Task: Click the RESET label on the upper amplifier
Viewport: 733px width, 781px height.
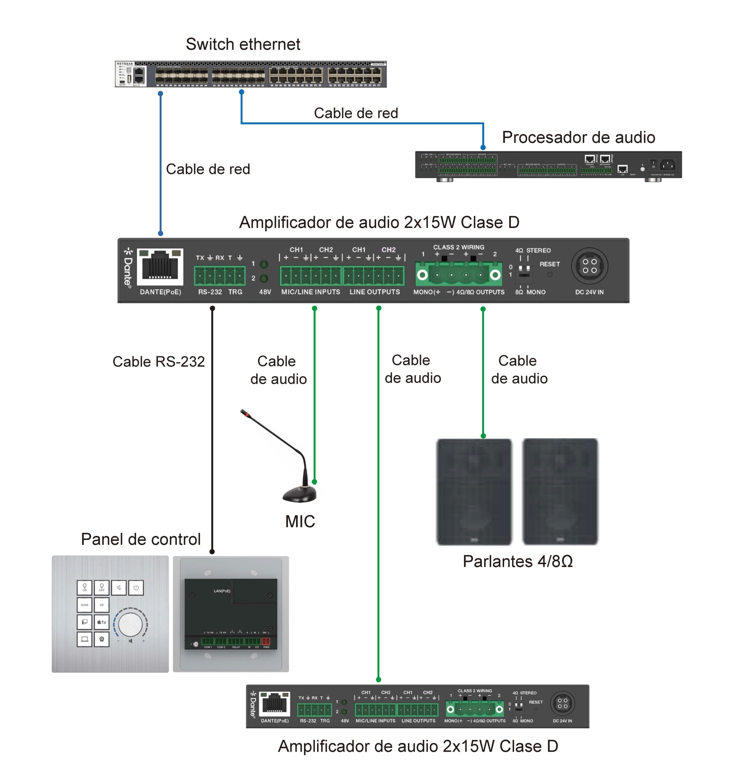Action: pyautogui.click(x=549, y=264)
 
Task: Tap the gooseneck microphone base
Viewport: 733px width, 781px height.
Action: pyautogui.click(x=299, y=494)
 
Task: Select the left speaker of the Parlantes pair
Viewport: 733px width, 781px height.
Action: pyautogui.click(x=474, y=491)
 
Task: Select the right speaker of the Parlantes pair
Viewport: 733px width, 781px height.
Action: pyautogui.click(x=560, y=491)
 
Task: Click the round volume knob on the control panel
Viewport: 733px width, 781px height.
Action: pyautogui.click(x=130, y=624)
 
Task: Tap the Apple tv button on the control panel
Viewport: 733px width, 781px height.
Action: pyautogui.click(x=101, y=622)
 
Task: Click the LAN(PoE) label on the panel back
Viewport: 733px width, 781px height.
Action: pyautogui.click(x=222, y=591)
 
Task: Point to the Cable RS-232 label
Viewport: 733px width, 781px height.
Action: pyautogui.click(x=158, y=362)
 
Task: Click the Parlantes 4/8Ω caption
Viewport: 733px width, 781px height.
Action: pyautogui.click(x=517, y=561)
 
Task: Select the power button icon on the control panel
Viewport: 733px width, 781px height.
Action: pyautogui.click(x=136, y=588)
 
